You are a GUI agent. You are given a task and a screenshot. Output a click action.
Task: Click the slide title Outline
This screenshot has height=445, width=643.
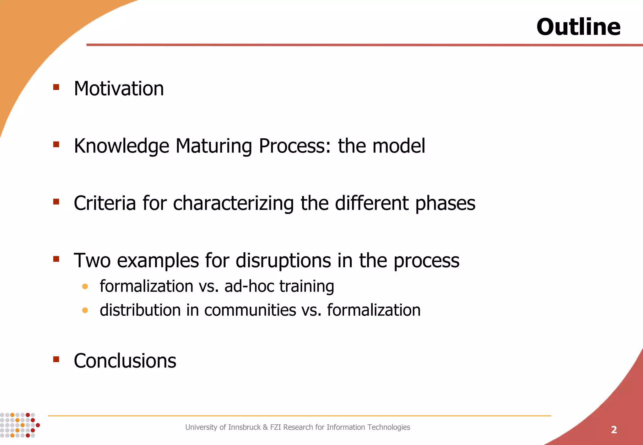coord(578,27)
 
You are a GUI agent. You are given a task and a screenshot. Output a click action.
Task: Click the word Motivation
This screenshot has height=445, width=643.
coord(119,88)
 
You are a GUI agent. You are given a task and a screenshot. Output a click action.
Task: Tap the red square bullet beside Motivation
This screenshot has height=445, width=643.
coord(56,87)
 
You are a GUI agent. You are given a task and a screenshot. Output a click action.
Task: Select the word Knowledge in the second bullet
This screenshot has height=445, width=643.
coord(121,146)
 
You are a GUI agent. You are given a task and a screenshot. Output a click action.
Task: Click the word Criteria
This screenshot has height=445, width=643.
coord(105,203)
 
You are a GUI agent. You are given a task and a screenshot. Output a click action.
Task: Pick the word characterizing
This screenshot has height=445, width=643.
coord(233,204)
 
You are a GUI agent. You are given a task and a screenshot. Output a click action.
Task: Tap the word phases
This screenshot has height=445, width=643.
coord(445,204)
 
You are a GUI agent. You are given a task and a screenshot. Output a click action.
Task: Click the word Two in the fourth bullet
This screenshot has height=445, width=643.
coord(92,260)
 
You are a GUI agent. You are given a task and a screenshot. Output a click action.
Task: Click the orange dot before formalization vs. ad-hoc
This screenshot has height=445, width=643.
coord(85,286)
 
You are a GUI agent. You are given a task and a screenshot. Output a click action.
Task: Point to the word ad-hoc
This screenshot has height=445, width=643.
coord(249,286)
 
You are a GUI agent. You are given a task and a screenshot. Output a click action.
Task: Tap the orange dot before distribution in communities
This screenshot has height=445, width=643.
coord(85,310)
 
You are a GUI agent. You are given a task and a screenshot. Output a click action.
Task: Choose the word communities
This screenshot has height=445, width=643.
coord(250,310)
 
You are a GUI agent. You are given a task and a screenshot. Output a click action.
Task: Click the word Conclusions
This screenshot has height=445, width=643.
coord(125,361)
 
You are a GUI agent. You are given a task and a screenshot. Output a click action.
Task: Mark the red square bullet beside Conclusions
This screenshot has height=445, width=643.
coord(56,359)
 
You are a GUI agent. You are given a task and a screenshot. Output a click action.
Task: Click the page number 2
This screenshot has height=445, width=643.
coord(614,430)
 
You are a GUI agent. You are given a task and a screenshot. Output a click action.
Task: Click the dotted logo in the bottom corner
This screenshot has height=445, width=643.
coord(19,425)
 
